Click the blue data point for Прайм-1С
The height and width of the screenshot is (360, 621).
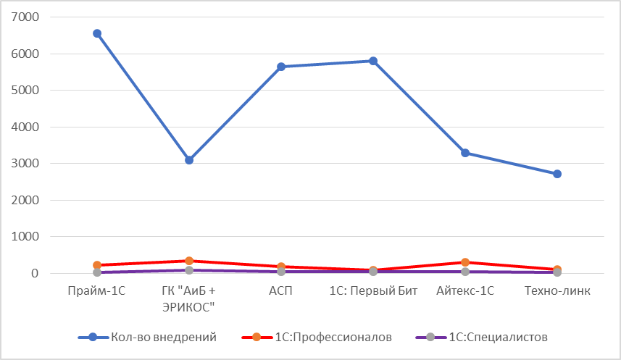coord(97,33)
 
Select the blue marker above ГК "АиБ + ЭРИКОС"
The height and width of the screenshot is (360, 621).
coord(189,160)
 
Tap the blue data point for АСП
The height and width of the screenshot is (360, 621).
coord(281,67)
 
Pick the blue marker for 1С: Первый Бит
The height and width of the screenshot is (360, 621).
coord(373,61)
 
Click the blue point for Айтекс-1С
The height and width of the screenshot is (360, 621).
coord(465,153)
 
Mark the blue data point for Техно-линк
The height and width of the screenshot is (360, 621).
coord(557,174)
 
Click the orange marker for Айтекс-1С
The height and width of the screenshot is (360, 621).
coord(465,262)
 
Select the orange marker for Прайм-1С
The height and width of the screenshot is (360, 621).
coord(97,265)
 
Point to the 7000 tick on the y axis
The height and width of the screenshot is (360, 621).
coord(26,17)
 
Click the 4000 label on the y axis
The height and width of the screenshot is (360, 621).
coord(26,127)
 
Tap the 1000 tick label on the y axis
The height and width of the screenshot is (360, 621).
coord(26,237)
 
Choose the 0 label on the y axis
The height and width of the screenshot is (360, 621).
coord(34,274)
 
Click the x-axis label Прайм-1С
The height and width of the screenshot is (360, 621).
coord(97,291)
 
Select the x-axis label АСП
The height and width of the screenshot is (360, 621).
coord(281,291)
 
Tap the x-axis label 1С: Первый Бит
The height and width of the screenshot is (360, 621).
coord(373,291)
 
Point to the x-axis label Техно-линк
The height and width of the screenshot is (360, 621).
coord(557,291)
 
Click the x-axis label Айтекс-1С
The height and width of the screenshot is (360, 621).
coord(465,291)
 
